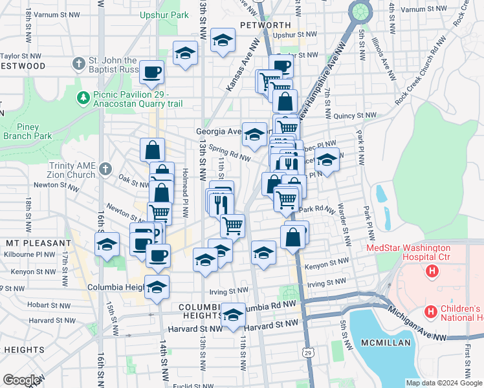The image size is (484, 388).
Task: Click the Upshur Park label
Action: coord(165,14)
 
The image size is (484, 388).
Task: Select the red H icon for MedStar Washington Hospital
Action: coord(432,270)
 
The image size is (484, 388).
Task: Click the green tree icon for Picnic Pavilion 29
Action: coord(83,98)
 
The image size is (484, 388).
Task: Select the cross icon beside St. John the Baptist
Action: coord(79,63)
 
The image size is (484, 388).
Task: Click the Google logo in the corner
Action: coord(21,380)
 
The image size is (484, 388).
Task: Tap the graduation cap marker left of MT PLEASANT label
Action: coord(107,244)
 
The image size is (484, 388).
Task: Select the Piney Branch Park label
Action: coord(26,132)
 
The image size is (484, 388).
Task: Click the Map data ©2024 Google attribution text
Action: coord(443,383)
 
